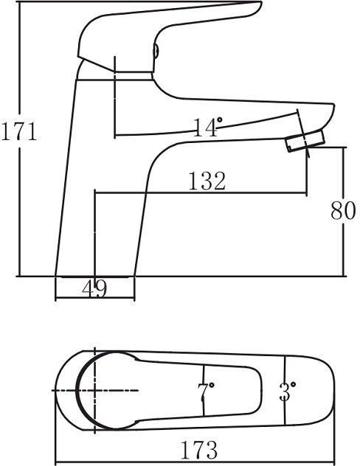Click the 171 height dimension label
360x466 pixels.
pos(19,131)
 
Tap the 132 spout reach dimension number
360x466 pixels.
pos(207,181)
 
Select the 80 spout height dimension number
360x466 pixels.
pos(343,210)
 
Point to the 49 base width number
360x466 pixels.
pos(94,289)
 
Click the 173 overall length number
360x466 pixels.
pos(199,450)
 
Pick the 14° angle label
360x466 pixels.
pos(207,128)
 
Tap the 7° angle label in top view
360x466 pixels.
pos(205,391)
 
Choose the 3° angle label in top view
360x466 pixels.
pos(287,391)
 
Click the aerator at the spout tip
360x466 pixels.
pos(305,141)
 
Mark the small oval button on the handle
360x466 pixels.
pos(156,51)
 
